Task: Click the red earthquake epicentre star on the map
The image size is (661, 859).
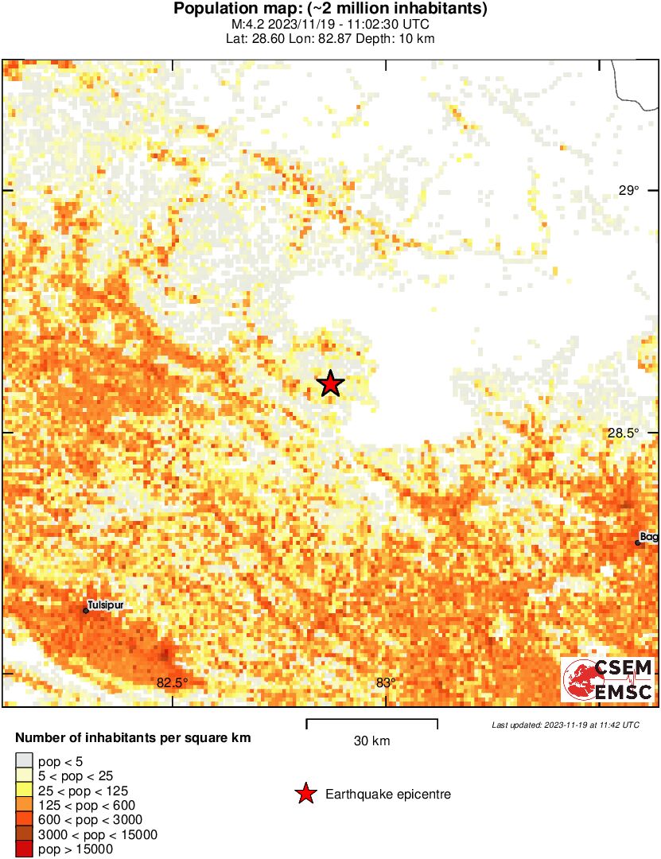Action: tap(330, 384)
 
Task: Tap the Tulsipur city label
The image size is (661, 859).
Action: tap(106, 604)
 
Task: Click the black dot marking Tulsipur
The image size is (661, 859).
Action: tap(86, 611)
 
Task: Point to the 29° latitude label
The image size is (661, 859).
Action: tap(629, 190)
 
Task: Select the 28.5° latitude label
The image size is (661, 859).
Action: tap(624, 433)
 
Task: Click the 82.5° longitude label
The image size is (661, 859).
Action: tap(173, 682)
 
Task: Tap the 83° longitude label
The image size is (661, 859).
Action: tap(386, 682)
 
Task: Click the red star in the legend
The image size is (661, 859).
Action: tap(304, 794)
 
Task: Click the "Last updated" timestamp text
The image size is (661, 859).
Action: tap(565, 725)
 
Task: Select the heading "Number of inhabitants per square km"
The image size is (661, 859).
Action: tap(133, 738)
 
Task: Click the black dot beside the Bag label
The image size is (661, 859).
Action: tap(638, 542)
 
